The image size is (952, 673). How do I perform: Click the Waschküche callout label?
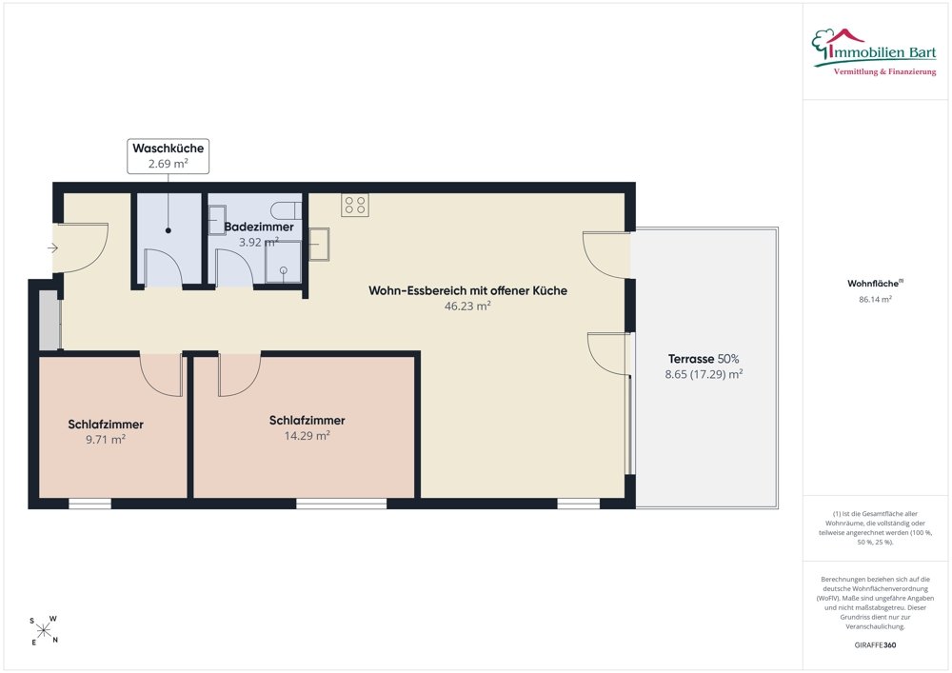(169, 156)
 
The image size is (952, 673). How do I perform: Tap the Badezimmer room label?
(259, 227)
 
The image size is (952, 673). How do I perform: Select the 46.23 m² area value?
(467, 306)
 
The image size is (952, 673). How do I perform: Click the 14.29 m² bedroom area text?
(307, 435)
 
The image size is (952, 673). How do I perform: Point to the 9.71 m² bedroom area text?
(106, 440)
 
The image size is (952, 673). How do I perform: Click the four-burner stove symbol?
(355, 205)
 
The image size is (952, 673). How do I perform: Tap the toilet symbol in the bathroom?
(287, 210)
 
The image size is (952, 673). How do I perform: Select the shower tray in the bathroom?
(283, 262)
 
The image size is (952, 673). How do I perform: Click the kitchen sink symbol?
(319, 244)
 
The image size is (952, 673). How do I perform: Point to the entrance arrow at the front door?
(52, 247)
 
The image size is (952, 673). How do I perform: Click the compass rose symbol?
(44, 630)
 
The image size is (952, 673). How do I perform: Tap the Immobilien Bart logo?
(874, 52)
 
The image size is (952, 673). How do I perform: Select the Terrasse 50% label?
(704, 359)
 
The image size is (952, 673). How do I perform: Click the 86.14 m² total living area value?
(875, 299)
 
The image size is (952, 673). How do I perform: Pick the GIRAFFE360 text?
(875, 645)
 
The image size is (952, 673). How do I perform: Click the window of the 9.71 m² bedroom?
(89, 503)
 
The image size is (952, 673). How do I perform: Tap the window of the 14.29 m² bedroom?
(341, 503)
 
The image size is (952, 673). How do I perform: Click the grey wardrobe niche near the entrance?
(50, 320)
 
